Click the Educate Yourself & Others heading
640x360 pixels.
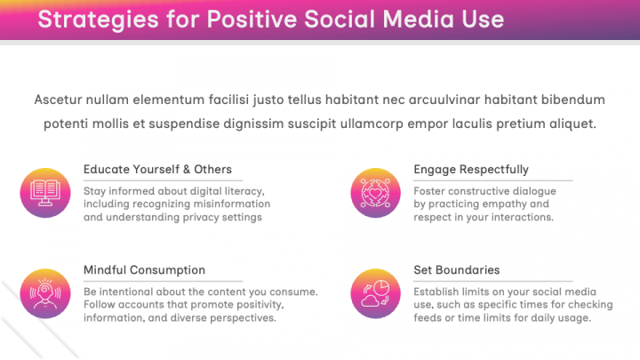click(157, 169)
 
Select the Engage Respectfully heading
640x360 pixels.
click(470, 169)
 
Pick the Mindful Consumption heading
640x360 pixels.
click(144, 269)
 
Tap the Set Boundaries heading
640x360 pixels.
click(456, 269)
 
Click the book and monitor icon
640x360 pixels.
click(44, 191)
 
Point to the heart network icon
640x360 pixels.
click(374, 191)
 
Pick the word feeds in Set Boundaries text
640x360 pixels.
click(428, 317)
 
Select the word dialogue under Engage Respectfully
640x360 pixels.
click(532, 190)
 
